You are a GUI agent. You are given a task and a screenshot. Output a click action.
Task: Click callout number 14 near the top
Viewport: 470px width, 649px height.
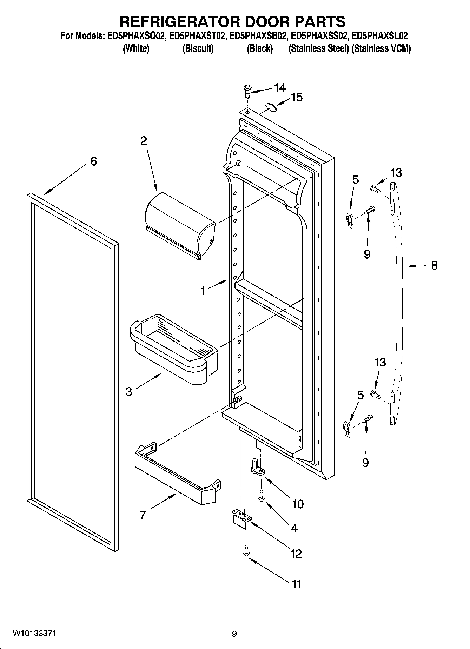point(280,87)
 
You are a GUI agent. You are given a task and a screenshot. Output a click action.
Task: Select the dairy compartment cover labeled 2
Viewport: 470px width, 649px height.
point(180,224)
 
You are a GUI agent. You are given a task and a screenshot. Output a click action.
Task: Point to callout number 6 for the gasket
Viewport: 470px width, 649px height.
point(93,161)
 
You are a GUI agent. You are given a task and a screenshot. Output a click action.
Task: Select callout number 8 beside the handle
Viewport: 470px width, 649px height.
point(434,266)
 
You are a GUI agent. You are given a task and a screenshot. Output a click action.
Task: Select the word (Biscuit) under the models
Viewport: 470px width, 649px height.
point(198,48)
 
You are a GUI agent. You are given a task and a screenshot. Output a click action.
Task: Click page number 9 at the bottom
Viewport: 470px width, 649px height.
point(234,634)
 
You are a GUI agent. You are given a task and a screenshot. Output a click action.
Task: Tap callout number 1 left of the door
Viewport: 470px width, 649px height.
point(203,291)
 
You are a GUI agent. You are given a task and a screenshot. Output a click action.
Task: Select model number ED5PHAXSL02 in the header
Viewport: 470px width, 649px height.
point(380,36)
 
